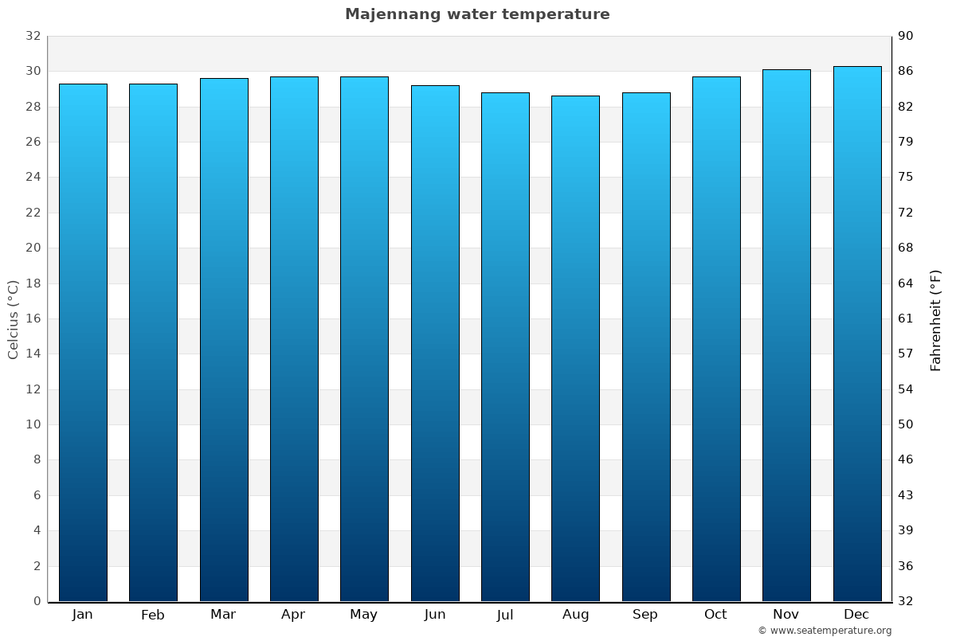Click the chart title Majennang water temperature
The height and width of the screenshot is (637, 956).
click(x=477, y=14)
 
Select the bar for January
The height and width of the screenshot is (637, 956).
click(x=83, y=342)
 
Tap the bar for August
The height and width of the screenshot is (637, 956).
click(x=575, y=349)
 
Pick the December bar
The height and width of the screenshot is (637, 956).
click(x=856, y=334)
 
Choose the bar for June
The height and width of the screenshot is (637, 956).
click(x=435, y=343)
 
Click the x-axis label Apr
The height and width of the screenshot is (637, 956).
click(x=293, y=615)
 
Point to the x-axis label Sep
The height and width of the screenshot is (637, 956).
click(x=645, y=615)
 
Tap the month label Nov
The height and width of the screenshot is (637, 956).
click(x=786, y=615)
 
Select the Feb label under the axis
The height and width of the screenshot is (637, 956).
click(x=152, y=615)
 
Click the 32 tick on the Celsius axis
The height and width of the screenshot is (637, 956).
click(x=33, y=36)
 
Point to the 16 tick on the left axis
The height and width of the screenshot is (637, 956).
click(x=33, y=318)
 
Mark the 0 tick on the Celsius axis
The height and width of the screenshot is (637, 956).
click(x=37, y=601)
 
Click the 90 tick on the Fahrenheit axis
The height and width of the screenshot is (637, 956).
click(x=907, y=36)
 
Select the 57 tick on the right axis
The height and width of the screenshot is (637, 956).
click(x=907, y=354)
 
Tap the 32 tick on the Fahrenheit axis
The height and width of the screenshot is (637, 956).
click(x=907, y=601)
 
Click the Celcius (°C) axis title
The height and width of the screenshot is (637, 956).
click(x=13, y=318)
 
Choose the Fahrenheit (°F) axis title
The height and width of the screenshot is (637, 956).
click(x=935, y=319)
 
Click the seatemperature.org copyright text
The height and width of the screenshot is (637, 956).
click(x=825, y=631)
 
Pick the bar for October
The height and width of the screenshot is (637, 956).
click(x=716, y=338)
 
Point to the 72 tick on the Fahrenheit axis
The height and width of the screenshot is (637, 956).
click(x=907, y=213)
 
